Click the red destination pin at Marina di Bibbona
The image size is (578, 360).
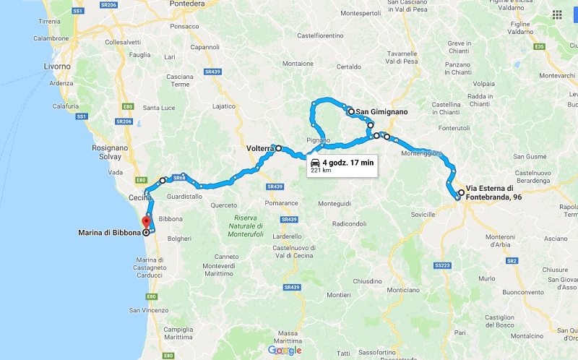pos(145,222)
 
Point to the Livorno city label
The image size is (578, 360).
pos(57,67)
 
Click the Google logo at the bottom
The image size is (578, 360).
pos(285,350)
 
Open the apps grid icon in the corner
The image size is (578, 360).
pos(557,14)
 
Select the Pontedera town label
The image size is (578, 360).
pos(188,4)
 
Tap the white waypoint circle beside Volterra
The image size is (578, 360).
pos(278,148)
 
